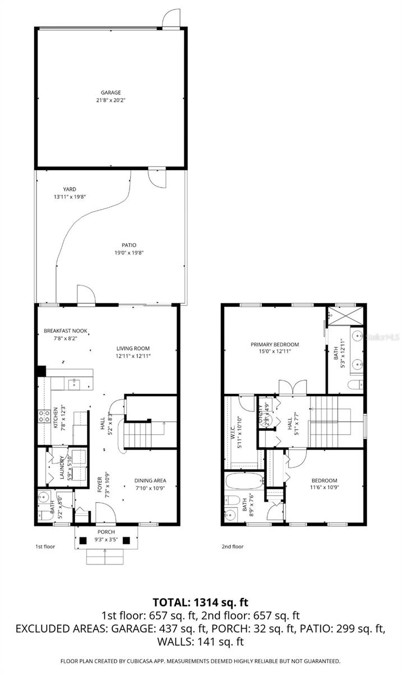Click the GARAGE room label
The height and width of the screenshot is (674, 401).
pyautogui.click(x=110, y=93)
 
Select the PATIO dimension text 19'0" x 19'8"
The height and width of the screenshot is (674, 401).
pyautogui.click(x=130, y=253)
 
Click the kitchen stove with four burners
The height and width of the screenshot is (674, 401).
pyautogui.click(x=43, y=416)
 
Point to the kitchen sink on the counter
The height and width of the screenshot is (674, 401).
pyautogui.click(x=73, y=384)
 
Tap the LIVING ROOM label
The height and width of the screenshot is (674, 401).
pyautogui.click(x=133, y=348)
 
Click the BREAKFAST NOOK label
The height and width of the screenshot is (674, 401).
pyautogui.click(x=66, y=331)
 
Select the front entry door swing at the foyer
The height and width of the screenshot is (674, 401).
pyautogui.click(x=105, y=513)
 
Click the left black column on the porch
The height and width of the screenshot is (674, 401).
pyautogui.click(x=83, y=541)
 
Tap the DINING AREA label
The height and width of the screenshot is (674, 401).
pyautogui.click(x=150, y=480)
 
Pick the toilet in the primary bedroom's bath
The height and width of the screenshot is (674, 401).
pyautogui.click(x=353, y=385)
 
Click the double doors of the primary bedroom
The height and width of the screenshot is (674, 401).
pyautogui.click(x=292, y=388)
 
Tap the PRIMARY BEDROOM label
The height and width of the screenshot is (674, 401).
pyautogui.click(x=274, y=344)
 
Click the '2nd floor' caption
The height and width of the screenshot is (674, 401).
pyautogui.click(x=232, y=546)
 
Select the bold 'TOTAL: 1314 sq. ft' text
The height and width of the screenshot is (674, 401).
pyautogui.click(x=200, y=603)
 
